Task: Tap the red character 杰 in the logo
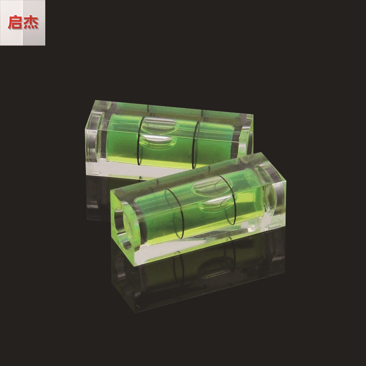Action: pyautogui.click(x=31, y=23)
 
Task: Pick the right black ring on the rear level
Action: pyautogui.click(x=196, y=143)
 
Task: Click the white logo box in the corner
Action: pyautogui.click(x=22, y=23)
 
